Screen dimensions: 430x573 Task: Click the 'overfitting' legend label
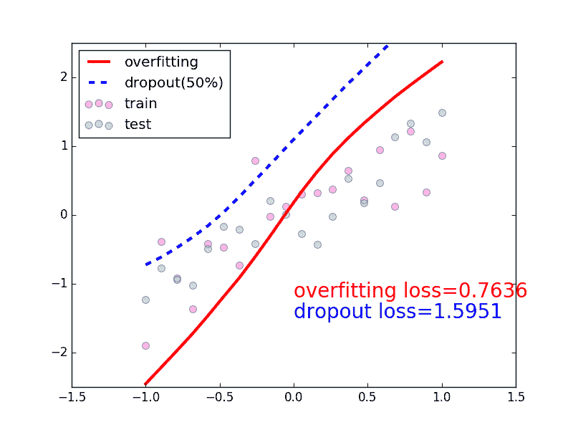pyautogui.click(x=161, y=62)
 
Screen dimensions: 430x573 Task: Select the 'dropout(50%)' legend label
pyautogui.click(x=174, y=82)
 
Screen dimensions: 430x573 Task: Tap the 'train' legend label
pyautogui.click(x=141, y=103)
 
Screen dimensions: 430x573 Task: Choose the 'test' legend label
pyautogui.click(x=138, y=124)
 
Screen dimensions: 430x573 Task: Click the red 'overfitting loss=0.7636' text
pyautogui.click(x=410, y=290)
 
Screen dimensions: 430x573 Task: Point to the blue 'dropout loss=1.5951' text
pyautogui.click(x=398, y=311)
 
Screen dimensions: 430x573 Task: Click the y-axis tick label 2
pyautogui.click(x=62, y=77)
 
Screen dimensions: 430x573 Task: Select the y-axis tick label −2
pyautogui.click(x=58, y=353)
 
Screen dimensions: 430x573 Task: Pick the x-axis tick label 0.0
pyautogui.click(x=294, y=396)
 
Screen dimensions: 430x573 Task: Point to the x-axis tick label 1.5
pyautogui.click(x=516, y=396)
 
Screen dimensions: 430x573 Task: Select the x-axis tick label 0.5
pyautogui.click(x=367, y=396)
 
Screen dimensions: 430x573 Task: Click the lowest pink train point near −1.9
pyautogui.click(x=145, y=345)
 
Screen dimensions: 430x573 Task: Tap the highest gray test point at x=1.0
pyautogui.click(x=442, y=113)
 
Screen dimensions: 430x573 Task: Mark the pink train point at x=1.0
pyautogui.click(x=442, y=156)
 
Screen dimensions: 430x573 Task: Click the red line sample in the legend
pyautogui.click(x=99, y=62)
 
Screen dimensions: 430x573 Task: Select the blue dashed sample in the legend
pyautogui.click(x=99, y=83)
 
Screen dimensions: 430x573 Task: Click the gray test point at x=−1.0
pyautogui.click(x=145, y=300)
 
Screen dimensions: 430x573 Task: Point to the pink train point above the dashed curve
pyautogui.click(x=255, y=161)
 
